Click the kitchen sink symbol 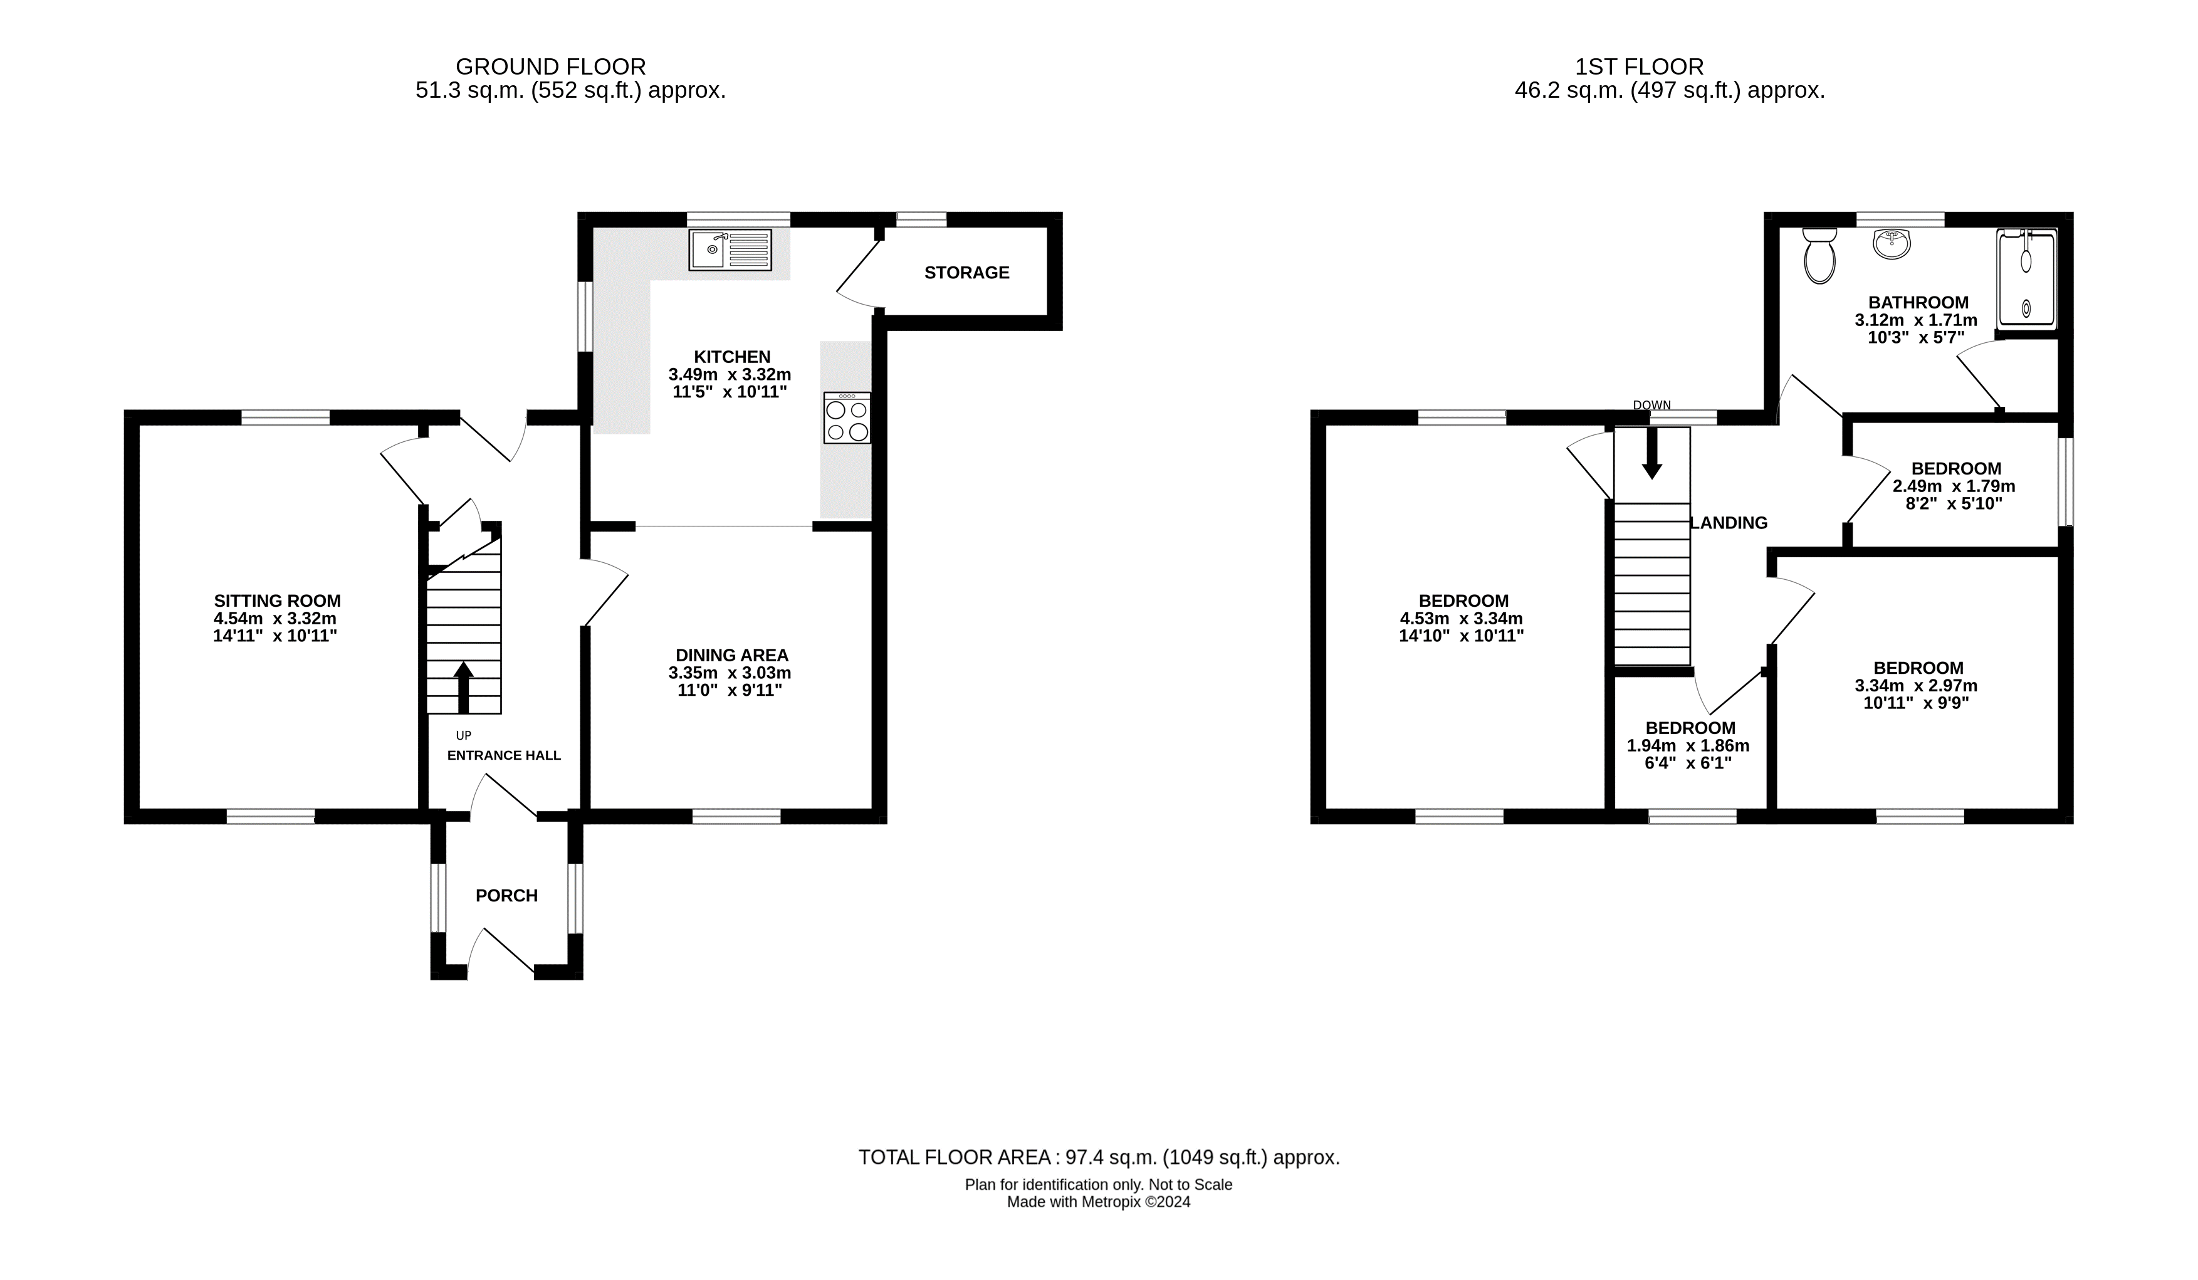730,249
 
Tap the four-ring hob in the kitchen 847,418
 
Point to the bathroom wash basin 1891,243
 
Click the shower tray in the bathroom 2026,279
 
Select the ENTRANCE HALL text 504,755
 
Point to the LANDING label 1729,523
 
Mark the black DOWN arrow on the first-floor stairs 1651,453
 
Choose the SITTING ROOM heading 278,601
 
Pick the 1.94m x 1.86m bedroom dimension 1688,746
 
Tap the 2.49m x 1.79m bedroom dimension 1954,486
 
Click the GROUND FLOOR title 550,67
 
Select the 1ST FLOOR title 1639,67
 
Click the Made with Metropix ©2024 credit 1098,1202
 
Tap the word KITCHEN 732,357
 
